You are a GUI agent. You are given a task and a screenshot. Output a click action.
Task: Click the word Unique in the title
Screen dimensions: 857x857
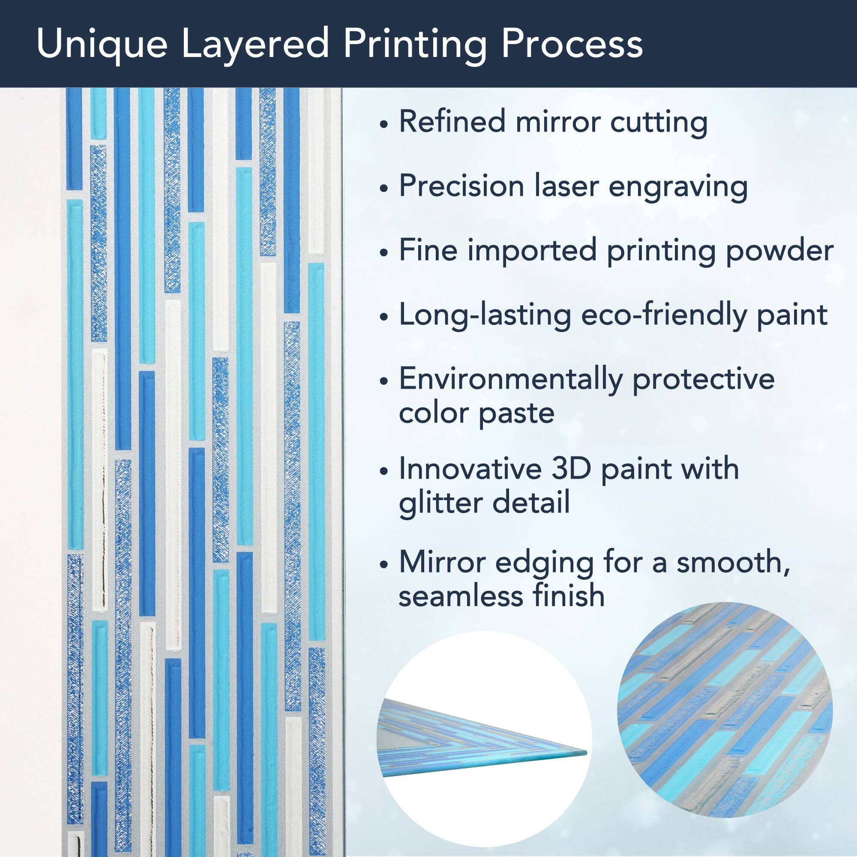click(102, 45)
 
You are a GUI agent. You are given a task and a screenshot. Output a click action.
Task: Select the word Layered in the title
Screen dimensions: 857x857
click(255, 45)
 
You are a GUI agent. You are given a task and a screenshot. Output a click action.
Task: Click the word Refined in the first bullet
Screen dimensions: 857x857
click(452, 121)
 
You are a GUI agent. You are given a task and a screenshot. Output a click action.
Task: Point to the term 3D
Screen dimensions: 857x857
click(571, 468)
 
